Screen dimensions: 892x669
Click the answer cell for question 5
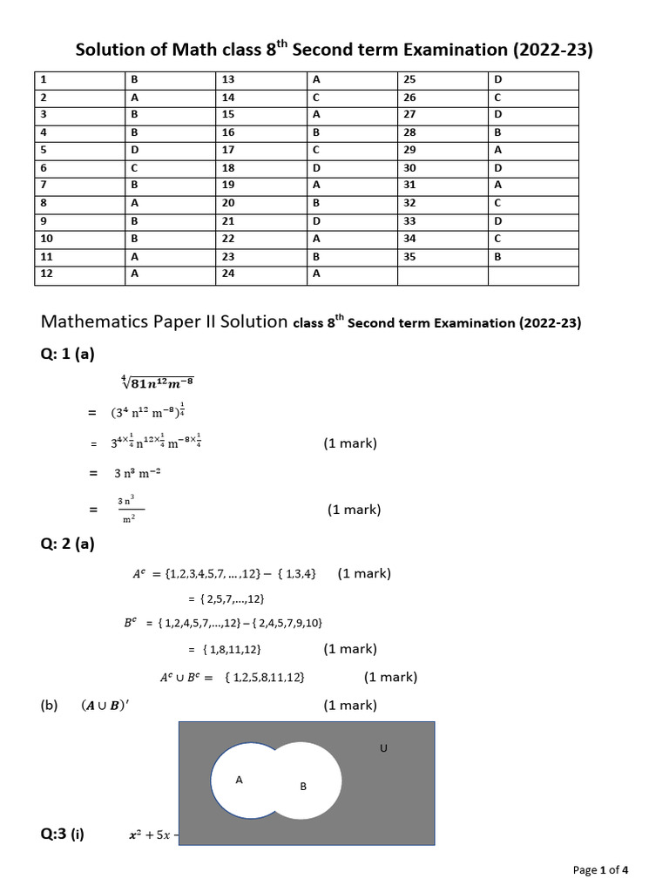tap(171, 150)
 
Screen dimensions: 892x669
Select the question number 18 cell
tap(261, 167)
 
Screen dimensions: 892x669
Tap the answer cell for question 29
tap(533, 150)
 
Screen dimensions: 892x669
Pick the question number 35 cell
tap(443, 257)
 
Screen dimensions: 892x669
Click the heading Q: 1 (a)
tap(67, 354)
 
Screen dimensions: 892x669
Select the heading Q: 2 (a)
tap(67, 544)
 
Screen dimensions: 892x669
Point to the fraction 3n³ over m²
tap(130, 510)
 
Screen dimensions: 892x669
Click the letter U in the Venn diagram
tap(383, 747)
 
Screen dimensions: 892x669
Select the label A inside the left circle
tap(239, 780)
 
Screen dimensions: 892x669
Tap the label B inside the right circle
tap(303, 787)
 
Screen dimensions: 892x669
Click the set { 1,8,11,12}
tap(230, 649)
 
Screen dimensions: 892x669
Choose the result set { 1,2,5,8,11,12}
tap(263, 677)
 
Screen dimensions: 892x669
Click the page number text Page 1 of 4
tap(600, 869)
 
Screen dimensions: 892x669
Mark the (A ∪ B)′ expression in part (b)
tap(105, 706)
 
